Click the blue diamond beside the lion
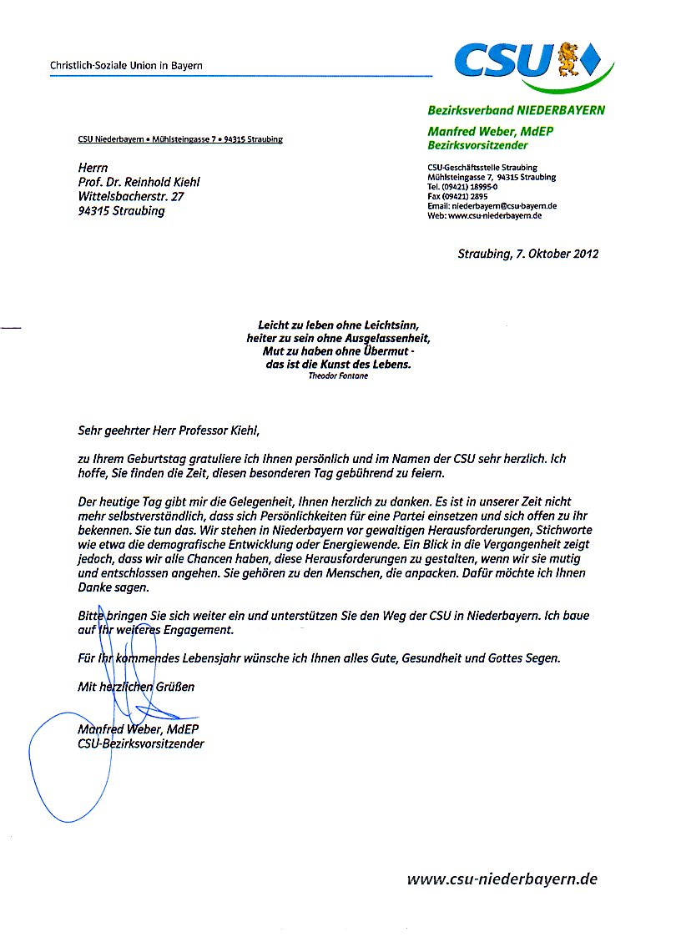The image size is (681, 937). click(x=592, y=58)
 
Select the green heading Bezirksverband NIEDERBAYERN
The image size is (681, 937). click(x=516, y=110)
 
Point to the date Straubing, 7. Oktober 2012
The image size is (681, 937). click(x=527, y=254)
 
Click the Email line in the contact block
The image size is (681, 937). click(x=492, y=205)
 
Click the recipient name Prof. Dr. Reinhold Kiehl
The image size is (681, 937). click(x=139, y=182)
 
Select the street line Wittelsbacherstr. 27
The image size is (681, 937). click(x=129, y=196)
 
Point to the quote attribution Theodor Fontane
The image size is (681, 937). click(x=338, y=375)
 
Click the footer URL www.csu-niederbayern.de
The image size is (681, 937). click(x=502, y=879)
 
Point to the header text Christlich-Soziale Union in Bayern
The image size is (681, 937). click(x=126, y=65)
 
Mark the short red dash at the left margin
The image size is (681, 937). click(x=11, y=328)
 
